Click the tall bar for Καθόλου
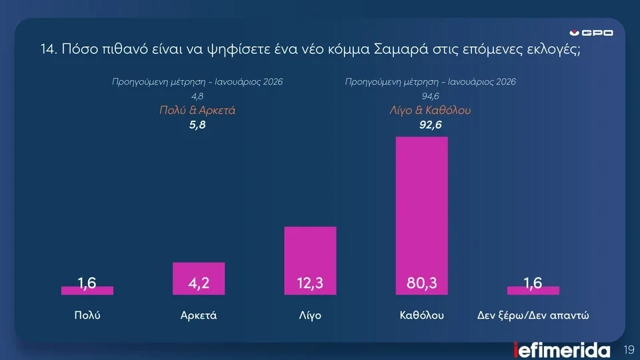click(422, 200)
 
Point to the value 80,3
click(422, 284)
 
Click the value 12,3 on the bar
click(310, 284)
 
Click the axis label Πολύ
click(87, 315)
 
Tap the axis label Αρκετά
click(199, 315)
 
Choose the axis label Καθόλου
click(422, 315)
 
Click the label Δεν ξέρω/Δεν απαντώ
click(533, 315)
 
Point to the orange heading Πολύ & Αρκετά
click(197, 111)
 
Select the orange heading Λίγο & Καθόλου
click(430, 111)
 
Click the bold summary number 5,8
click(197, 124)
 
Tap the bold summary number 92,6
click(430, 124)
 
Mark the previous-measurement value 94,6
click(430, 97)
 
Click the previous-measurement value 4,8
click(197, 97)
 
